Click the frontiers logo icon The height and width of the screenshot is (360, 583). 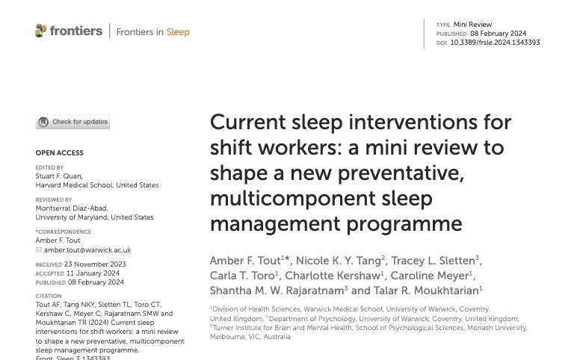click(41, 31)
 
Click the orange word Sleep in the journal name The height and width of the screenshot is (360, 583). click(178, 32)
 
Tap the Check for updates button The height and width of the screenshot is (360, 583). click(73, 122)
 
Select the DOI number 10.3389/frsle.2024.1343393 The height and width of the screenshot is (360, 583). click(505, 43)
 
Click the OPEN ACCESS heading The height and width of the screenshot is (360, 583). click(60, 153)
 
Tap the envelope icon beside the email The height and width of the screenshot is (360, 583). click(39, 249)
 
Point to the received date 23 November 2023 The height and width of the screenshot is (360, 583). click(95, 264)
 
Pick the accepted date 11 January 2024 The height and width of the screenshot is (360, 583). click(92, 273)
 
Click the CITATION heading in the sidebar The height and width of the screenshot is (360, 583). click(49, 296)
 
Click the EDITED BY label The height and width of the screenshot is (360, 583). click(49, 168)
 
